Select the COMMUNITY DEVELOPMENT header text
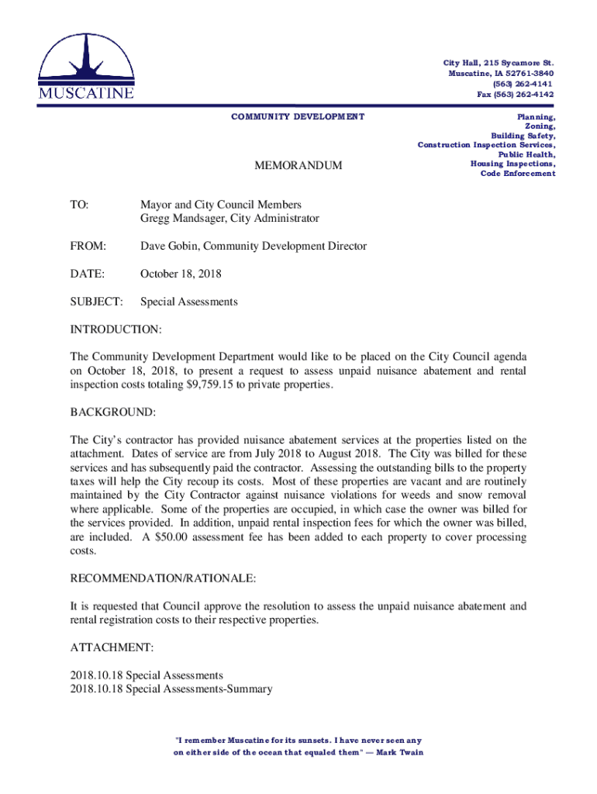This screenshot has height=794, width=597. click(x=298, y=116)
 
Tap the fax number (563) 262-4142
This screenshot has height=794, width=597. click(x=516, y=95)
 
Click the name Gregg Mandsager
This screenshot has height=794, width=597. click(x=179, y=219)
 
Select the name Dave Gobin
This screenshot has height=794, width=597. click(x=171, y=247)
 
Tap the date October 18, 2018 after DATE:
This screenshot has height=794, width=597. click(x=181, y=274)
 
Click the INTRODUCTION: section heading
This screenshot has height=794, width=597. click(x=116, y=330)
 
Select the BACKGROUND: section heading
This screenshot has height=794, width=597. click(x=113, y=412)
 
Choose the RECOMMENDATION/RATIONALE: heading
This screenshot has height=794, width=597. click(x=163, y=578)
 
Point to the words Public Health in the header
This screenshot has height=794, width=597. click(x=526, y=154)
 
